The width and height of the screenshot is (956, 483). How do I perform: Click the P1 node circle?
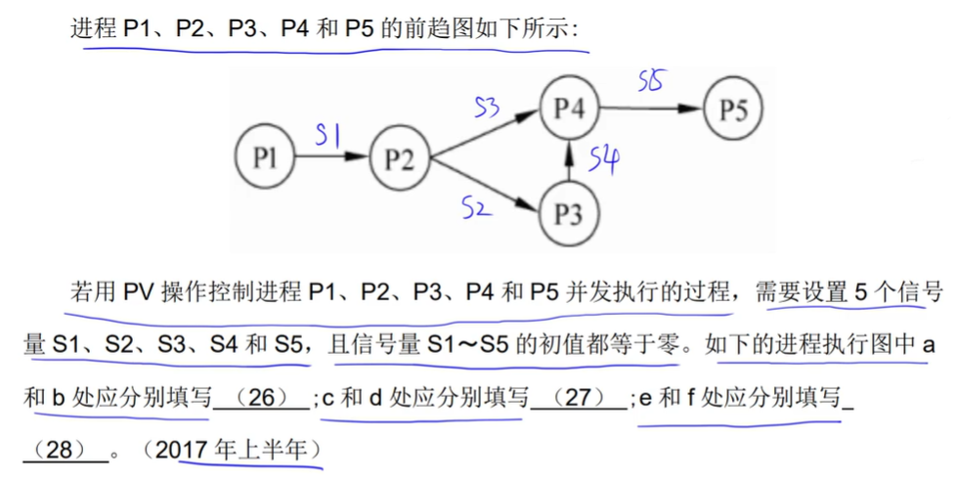click(x=265, y=158)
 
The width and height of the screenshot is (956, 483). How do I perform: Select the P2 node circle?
click(x=400, y=158)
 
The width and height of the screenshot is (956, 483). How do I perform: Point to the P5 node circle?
click(x=733, y=109)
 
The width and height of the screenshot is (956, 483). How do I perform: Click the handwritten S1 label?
click(x=326, y=139)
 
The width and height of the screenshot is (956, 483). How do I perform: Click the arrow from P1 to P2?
click(x=332, y=158)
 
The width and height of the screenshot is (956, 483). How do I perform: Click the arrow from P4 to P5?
click(x=650, y=109)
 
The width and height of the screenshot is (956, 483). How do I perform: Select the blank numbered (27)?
click(x=577, y=398)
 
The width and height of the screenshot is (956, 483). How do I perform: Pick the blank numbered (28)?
click(x=65, y=451)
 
